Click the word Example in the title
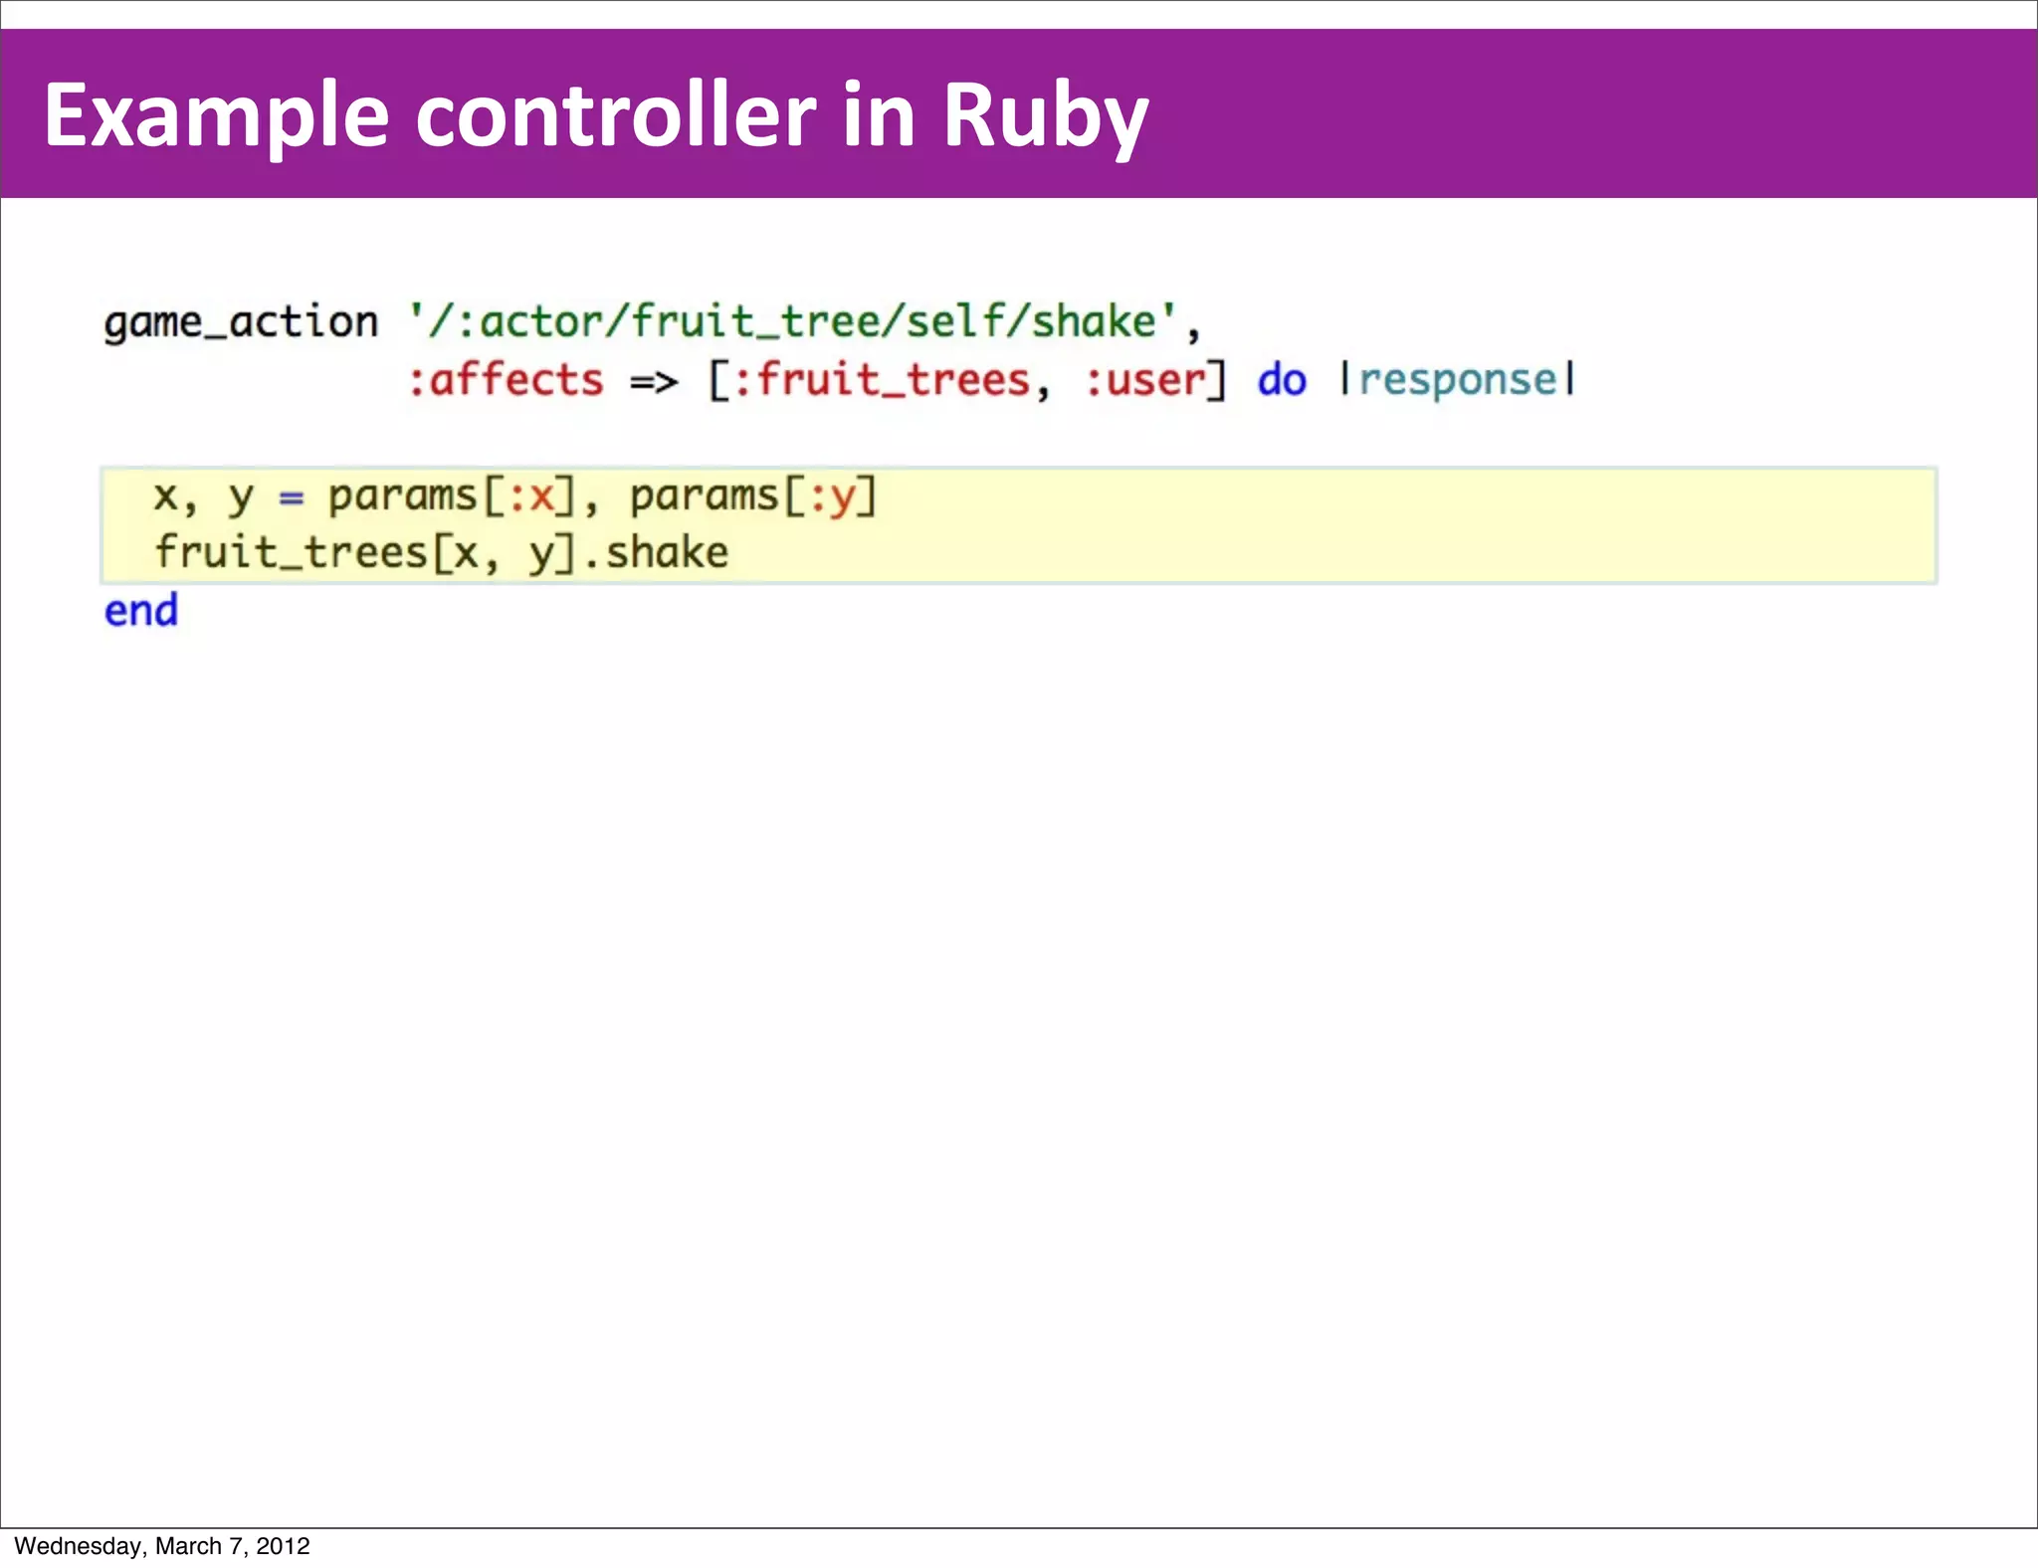coord(216,117)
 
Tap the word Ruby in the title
coord(1045,117)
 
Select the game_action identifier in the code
coord(241,322)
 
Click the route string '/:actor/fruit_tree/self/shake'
coord(793,321)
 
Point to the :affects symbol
coord(506,380)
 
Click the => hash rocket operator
coord(654,381)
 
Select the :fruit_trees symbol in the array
coord(881,380)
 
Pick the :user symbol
coord(1144,380)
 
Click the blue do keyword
coord(1282,380)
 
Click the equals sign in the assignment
coord(291,496)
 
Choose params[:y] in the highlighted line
coord(753,495)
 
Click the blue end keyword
coord(141,611)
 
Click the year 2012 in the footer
coord(284,1546)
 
